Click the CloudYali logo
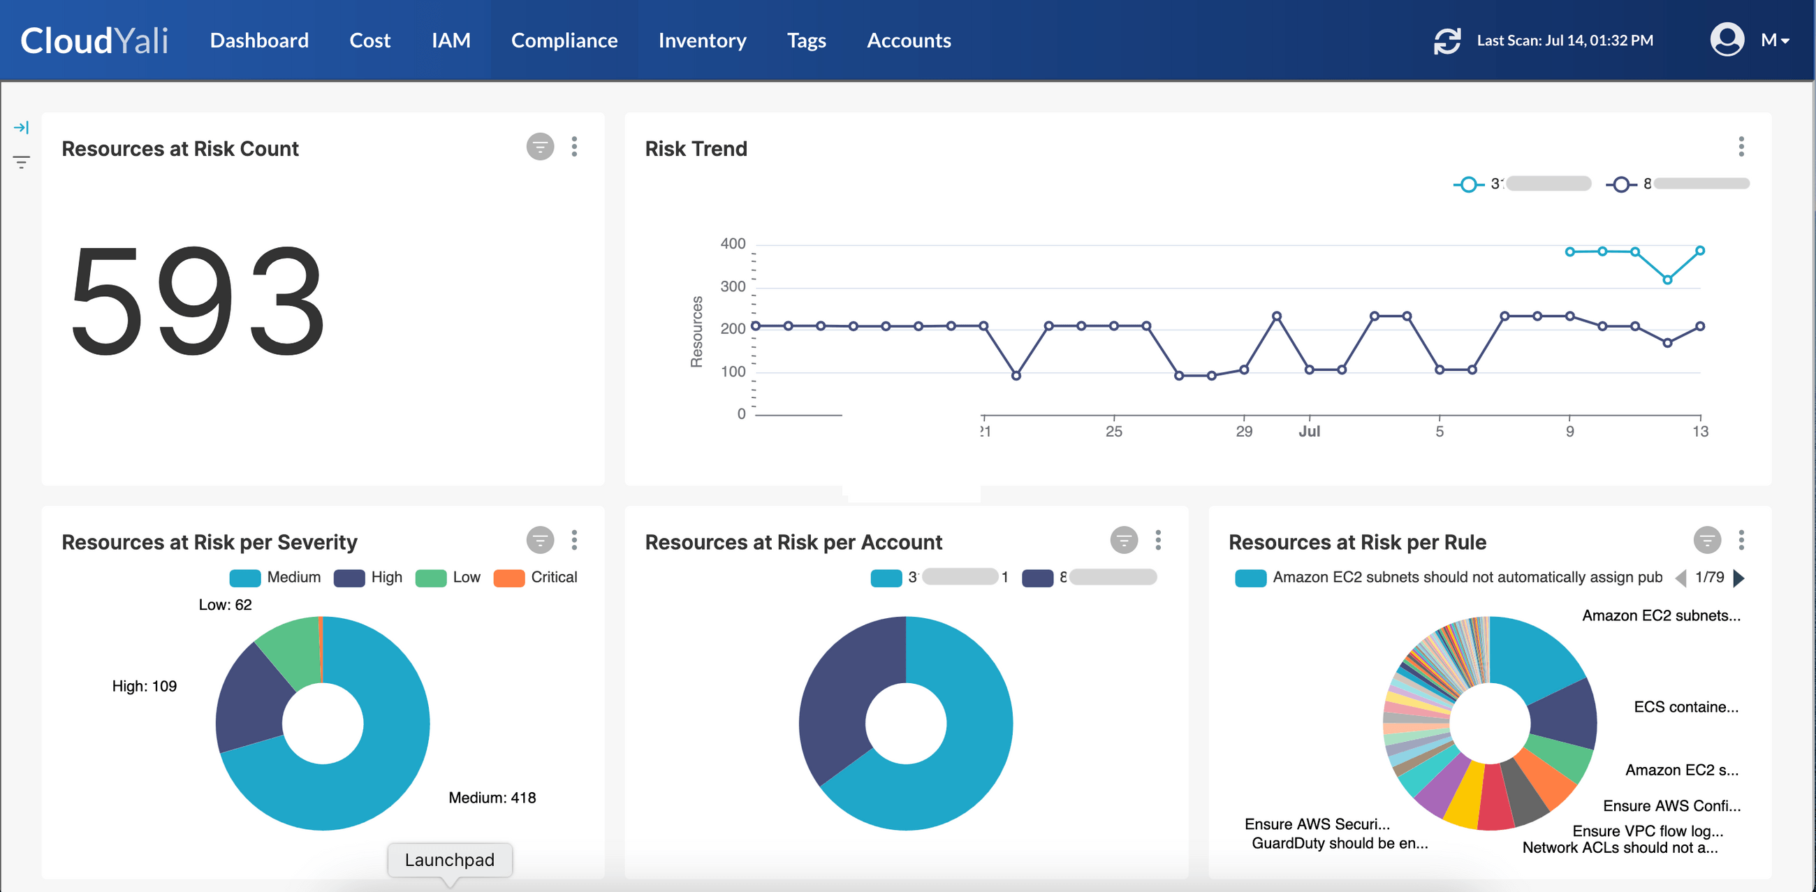[x=94, y=41]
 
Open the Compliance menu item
[x=564, y=41]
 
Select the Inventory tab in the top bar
[x=701, y=41]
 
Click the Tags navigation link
[x=806, y=41]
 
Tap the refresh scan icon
[x=1447, y=41]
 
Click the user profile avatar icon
[x=1727, y=40]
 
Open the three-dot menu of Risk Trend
[x=1741, y=147]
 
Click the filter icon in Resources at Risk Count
[x=540, y=147]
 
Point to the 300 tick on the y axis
[x=733, y=286]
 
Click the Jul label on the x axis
[x=1309, y=431]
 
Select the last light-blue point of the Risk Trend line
[x=1699, y=250]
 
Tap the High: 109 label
[x=145, y=686]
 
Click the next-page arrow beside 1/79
[x=1738, y=578]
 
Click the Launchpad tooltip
[x=450, y=860]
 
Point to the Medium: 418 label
[x=492, y=798]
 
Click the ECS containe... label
[x=1685, y=707]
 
